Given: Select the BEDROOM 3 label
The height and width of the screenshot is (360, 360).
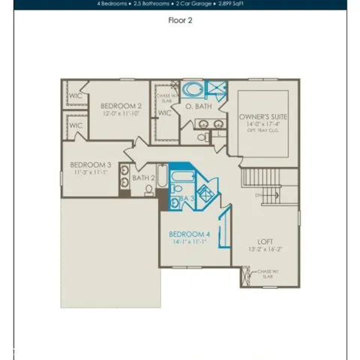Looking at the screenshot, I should (91, 164).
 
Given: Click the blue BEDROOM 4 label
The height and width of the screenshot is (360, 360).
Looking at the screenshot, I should (189, 234).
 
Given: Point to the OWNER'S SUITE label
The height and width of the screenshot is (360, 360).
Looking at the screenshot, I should (263, 118).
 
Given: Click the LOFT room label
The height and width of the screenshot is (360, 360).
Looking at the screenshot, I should (265, 241).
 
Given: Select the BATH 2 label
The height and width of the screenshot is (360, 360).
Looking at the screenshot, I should (143, 178).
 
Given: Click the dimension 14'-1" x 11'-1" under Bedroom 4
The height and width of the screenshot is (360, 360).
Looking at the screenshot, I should (189, 242).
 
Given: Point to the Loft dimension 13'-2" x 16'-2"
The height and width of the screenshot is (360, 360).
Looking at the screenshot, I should (265, 249).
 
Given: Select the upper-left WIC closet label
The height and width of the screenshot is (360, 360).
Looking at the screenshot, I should (75, 96).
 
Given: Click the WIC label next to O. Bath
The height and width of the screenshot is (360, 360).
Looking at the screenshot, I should (164, 113).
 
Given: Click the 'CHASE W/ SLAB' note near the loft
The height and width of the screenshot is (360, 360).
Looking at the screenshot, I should (268, 274).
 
